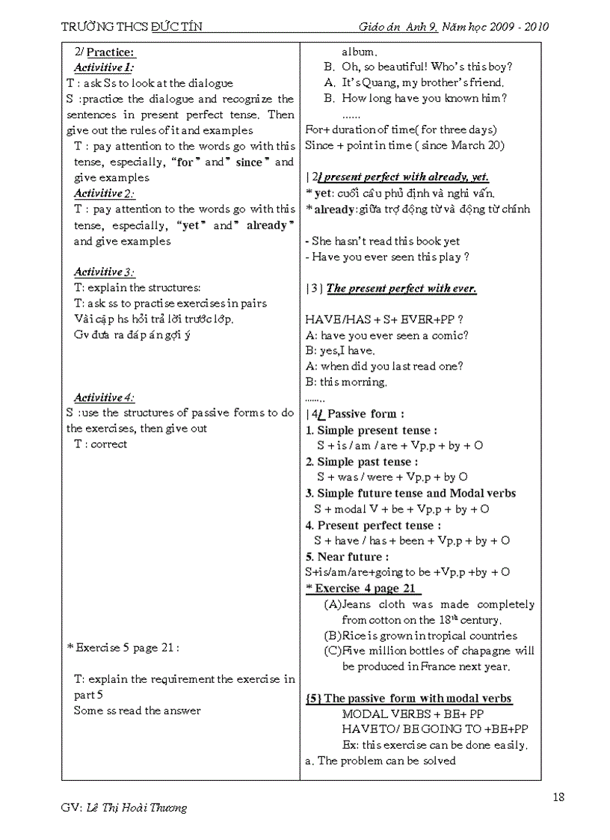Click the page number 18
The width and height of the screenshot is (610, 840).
pyautogui.click(x=558, y=797)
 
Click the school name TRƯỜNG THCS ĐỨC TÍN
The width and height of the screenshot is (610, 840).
pyautogui.click(x=132, y=27)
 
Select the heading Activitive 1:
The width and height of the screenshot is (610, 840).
pyautogui.click(x=104, y=67)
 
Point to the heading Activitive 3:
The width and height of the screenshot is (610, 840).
pyautogui.click(x=104, y=272)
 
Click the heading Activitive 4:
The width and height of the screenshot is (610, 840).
pyautogui.click(x=104, y=397)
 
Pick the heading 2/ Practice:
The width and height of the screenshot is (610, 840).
pyautogui.click(x=105, y=52)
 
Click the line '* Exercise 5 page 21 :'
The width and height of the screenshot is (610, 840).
pyautogui.click(x=123, y=648)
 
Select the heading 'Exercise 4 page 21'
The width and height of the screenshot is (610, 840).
pyautogui.click(x=365, y=589)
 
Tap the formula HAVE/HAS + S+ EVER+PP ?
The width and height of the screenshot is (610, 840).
pyautogui.click(x=389, y=319)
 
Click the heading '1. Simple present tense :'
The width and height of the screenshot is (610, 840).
pyautogui.click(x=372, y=430)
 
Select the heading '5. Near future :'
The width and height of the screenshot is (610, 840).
pyautogui.click(x=347, y=557)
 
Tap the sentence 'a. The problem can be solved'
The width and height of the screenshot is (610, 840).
pyautogui.click(x=381, y=761)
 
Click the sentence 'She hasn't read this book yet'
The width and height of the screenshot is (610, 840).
pyautogui.click(x=385, y=241)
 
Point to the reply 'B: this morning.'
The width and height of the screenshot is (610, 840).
pyautogui.click(x=346, y=382)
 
